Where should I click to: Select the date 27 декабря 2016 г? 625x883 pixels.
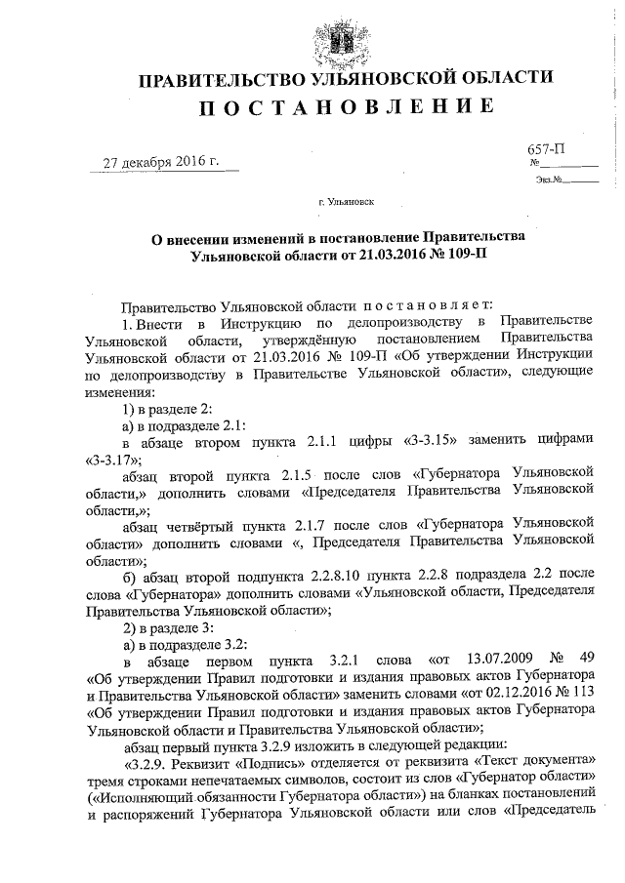click(x=162, y=161)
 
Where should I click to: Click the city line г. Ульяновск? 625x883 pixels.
click(x=346, y=203)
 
